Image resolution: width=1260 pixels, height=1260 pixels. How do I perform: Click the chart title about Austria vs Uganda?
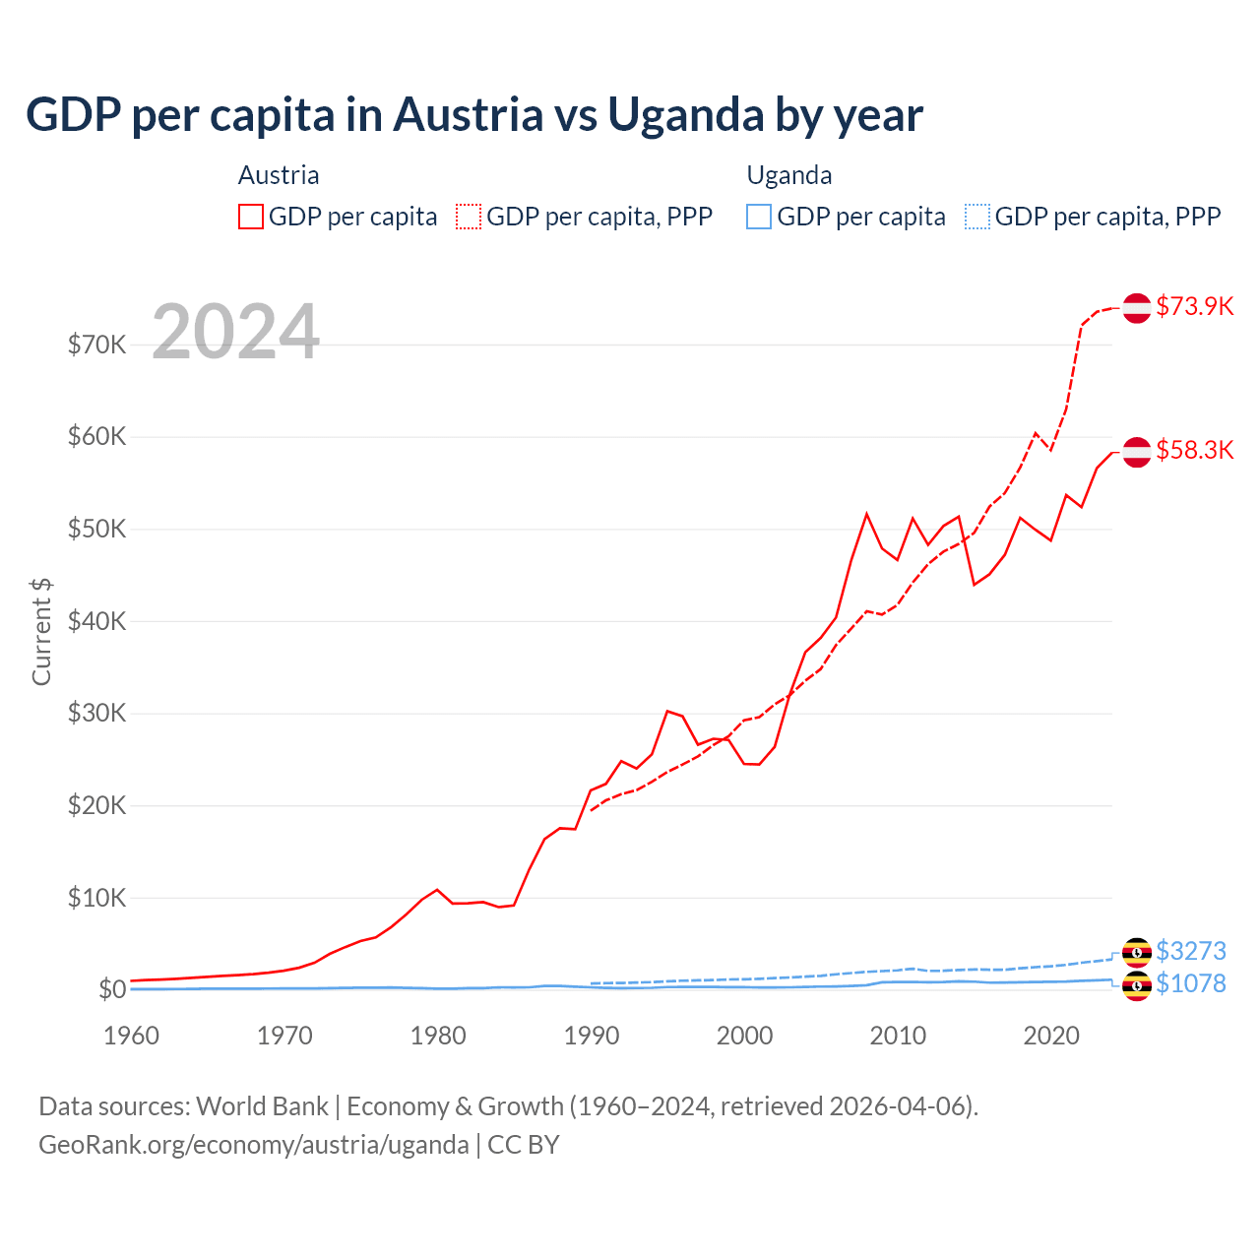[x=473, y=114]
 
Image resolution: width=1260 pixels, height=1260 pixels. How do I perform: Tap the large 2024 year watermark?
[x=235, y=332]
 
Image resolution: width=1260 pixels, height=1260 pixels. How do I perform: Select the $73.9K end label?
[x=1194, y=306]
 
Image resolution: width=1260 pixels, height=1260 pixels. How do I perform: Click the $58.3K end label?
[x=1194, y=450]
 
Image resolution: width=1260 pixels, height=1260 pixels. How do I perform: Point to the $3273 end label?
[x=1190, y=951]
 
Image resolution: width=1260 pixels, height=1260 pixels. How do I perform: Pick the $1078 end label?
[x=1190, y=983]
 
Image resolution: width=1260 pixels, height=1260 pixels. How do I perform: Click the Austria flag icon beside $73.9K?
[x=1137, y=308]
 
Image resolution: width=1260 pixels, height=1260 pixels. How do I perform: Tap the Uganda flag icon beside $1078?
[x=1137, y=985]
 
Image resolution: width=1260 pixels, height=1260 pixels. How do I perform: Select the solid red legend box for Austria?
[x=251, y=217]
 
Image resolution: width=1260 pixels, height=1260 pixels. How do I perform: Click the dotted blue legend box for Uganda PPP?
[x=976, y=217]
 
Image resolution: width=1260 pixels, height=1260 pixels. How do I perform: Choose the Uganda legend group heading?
[x=789, y=175]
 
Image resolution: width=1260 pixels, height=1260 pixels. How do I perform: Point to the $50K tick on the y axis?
[x=96, y=529]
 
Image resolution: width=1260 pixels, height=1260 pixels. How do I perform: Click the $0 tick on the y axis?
[x=112, y=989]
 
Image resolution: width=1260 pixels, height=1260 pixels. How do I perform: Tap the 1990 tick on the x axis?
[x=592, y=1036]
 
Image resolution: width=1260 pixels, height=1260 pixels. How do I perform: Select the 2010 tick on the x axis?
[x=899, y=1036]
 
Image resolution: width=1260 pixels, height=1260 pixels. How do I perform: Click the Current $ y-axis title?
[x=41, y=631]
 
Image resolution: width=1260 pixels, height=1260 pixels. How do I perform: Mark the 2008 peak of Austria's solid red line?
[x=867, y=513]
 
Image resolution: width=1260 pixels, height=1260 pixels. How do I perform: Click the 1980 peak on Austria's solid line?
[x=437, y=890]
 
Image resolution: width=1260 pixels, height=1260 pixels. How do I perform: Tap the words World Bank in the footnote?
[x=262, y=1106]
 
